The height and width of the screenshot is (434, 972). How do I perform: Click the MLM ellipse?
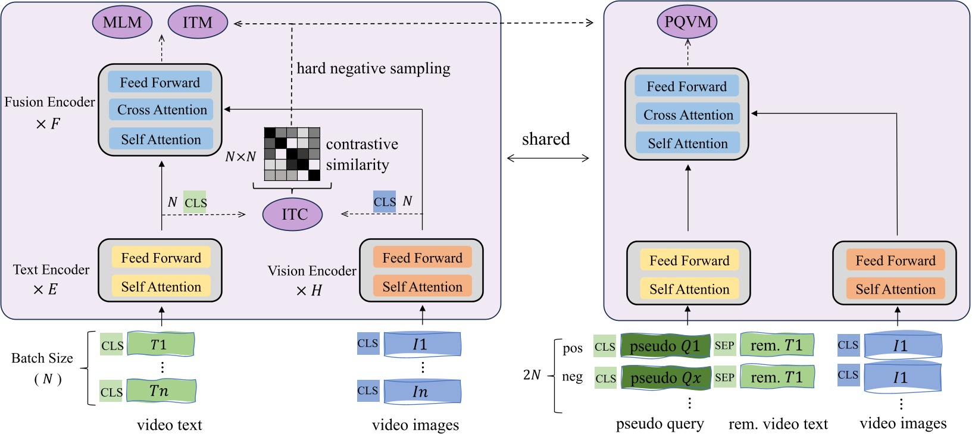(x=122, y=23)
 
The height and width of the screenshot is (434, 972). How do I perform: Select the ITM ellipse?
(x=198, y=23)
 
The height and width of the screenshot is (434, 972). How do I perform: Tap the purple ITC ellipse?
(x=292, y=214)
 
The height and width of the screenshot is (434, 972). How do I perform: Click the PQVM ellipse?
(x=687, y=22)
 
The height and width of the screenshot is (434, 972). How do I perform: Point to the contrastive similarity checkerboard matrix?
(x=292, y=154)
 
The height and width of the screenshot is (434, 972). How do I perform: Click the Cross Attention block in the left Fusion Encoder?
(x=161, y=110)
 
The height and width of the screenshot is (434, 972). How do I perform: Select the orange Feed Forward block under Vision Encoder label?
(x=422, y=258)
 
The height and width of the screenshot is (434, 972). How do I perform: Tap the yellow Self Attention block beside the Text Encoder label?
(x=161, y=287)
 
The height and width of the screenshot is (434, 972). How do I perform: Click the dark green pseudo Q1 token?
(x=665, y=346)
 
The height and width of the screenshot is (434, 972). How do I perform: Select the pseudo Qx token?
(x=665, y=377)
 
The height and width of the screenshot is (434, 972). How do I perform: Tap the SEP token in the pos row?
(x=724, y=345)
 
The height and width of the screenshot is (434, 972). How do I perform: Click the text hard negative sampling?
(x=373, y=68)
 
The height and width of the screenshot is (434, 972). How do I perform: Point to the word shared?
(x=546, y=139)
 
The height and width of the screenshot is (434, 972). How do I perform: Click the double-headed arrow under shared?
(x=548, y=158)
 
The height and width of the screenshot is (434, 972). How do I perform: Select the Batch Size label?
(x=42, y=358)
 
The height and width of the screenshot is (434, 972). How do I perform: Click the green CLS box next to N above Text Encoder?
(x=195, y=203)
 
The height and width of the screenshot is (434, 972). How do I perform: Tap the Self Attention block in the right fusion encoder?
(x=687, y=143)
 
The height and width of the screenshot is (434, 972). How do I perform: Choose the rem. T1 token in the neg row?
(x=777, y=377)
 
